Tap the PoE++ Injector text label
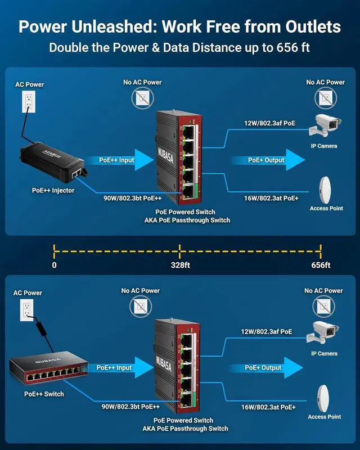pos(53,191)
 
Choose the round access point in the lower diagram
pos(325,396)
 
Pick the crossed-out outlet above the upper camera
pos(325,97)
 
